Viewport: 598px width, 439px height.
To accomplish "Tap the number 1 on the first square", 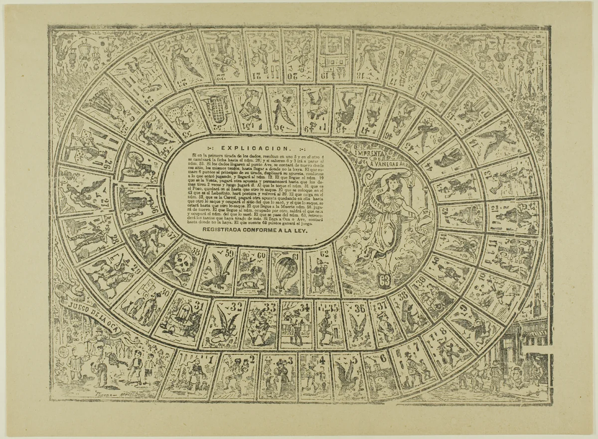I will point(211,358).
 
